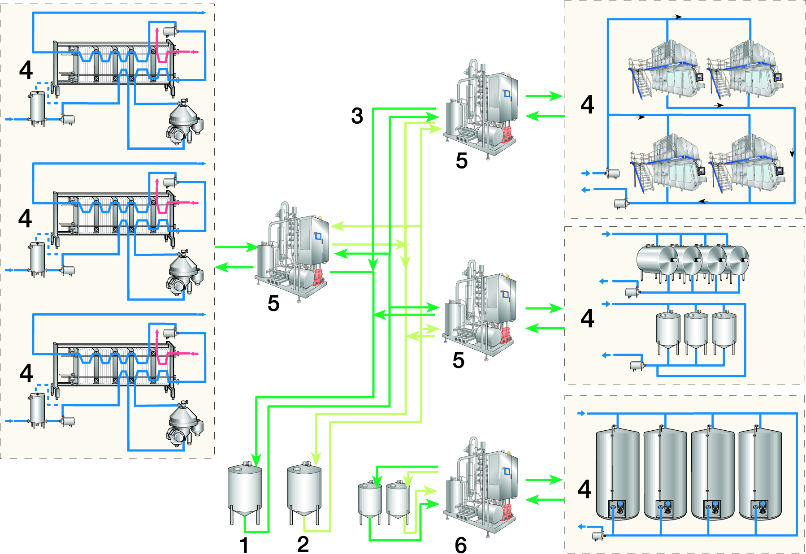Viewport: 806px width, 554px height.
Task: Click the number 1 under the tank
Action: click(244, 545)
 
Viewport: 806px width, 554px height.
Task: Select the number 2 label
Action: click(303, 544)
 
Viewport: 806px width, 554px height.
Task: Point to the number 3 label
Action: click(357, 116)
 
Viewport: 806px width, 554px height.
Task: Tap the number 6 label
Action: click(461, 545)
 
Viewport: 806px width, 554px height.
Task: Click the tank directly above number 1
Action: click(245, 491)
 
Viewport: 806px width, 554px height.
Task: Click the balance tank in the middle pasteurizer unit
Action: click(38, 257)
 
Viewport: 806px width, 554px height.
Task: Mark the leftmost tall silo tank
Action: click(617, 473)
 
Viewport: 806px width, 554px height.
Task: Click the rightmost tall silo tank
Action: click(760, 473)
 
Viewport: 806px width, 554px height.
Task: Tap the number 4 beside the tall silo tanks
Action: click(585, 489)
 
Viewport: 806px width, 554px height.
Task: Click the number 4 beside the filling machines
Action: click(587, 104)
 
